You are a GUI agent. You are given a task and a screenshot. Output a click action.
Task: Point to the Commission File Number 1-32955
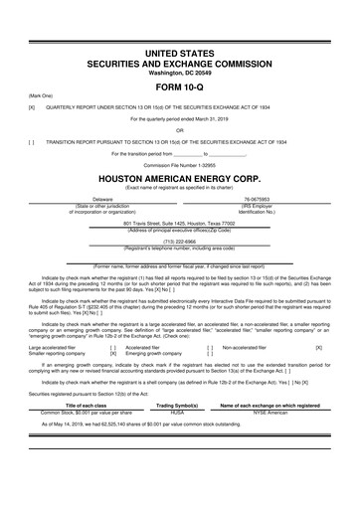[179, 164]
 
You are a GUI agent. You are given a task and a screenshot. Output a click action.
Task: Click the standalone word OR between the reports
[179, 129]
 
